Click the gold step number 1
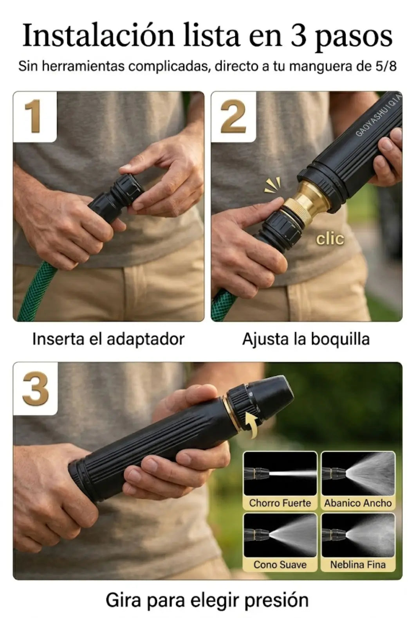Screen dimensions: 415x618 coord(33,116)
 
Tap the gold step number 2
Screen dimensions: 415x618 coord(233,116)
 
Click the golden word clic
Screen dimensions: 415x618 coord(330,239)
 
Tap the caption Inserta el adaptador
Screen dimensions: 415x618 coord(108,339)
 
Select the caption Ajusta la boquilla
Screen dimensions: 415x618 coord(306,339)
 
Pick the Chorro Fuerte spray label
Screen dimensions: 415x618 coord(280,503)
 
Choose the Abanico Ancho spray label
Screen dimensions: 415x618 coord(358,503)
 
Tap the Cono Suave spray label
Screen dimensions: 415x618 coord(280,564)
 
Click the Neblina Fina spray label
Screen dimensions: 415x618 coord(358,564)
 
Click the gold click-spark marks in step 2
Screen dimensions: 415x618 coord(272,185)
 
